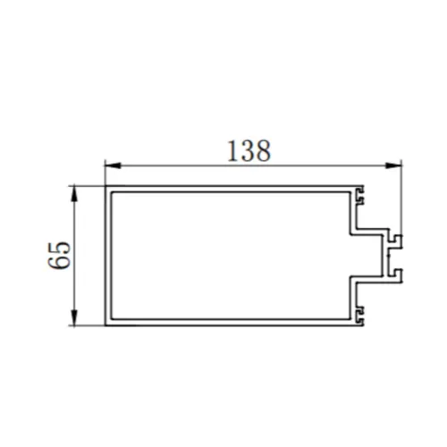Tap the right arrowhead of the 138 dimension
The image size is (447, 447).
(394, 164)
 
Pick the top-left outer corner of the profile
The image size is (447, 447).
(106, 186)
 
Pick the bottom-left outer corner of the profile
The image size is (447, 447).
(106, 328)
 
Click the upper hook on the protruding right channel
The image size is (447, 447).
(396, 240)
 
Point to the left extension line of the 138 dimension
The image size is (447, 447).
(105, 173)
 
